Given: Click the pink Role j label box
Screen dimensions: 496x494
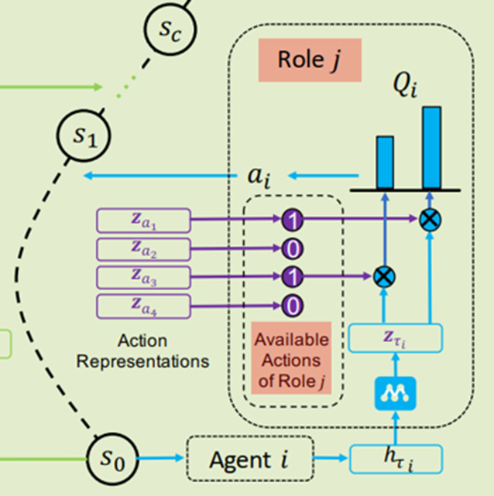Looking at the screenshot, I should (x=310, y=60).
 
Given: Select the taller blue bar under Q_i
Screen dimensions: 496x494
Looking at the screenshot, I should (x=431, y=147).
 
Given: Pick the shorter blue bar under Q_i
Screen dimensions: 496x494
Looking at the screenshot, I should (x=385, y=162).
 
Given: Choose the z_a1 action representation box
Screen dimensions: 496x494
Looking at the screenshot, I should (x=143, y=221).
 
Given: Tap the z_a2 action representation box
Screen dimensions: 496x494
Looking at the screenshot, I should (x=143, y=249).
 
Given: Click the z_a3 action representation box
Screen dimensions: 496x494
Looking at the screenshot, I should (x=143, y=277).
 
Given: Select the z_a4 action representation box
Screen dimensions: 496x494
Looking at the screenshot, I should (x=143, y=306).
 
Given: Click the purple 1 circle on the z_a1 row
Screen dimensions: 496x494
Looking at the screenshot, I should (x=292, y=221).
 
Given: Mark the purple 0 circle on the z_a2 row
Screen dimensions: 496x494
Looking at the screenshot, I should (x=292, y=249).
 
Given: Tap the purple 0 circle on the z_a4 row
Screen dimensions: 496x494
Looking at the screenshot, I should (x=292, y=306).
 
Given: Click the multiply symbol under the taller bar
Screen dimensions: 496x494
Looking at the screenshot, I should (x=430, y=221).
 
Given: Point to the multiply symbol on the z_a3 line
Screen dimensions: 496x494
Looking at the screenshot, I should (x=383, y=277).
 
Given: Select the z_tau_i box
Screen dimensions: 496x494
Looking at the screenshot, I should (x=396, y=337).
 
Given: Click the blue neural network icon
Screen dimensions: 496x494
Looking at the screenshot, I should (x=396, y=394).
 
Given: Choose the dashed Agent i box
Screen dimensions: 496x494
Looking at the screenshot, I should (x=249, y=460).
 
